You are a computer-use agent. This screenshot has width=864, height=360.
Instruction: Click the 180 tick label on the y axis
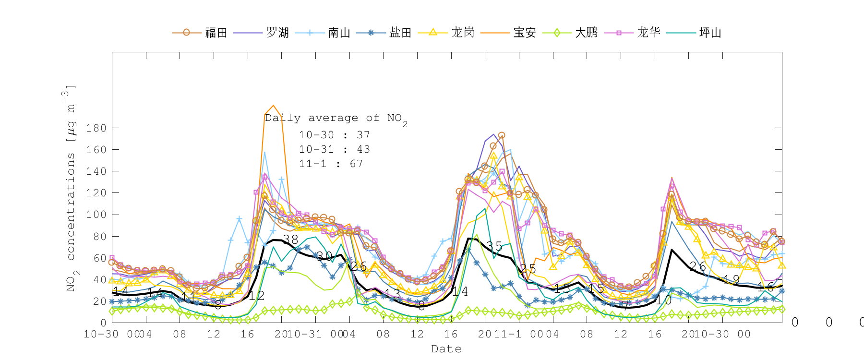click(96, 128)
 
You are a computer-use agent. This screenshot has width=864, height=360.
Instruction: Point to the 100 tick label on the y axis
click(96, 215)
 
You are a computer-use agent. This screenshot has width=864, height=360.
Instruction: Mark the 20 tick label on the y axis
click(99, 301)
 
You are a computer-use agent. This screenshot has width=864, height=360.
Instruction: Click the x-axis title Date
click(446, 349)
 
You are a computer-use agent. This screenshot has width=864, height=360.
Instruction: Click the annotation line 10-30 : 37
click(335, 135)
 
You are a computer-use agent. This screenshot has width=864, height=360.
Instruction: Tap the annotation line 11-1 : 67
click(331, 164)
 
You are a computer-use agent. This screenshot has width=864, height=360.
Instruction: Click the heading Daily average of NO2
click(336, 118)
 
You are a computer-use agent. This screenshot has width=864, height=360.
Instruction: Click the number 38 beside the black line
click(290, 239)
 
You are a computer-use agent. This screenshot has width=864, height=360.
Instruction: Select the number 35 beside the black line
click(494, 247)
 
